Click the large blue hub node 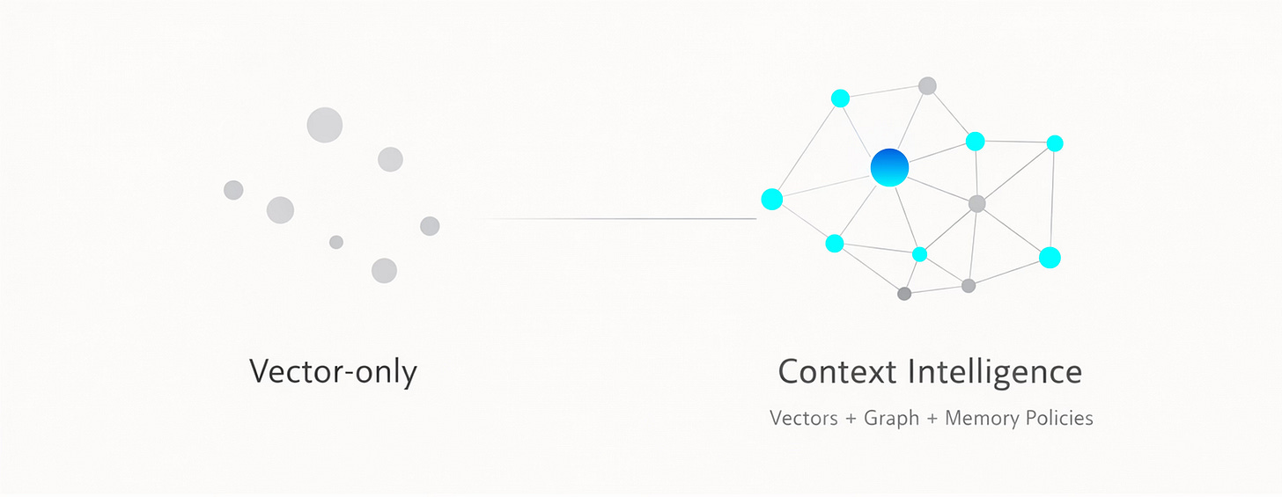(x=889, y=167)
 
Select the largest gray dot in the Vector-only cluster (x=324, y=125)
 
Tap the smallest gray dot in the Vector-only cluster (x=336, y=242)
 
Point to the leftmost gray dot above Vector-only (x=233, y=190)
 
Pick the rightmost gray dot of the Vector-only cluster (x=430, y=226)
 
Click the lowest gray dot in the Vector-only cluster (x=384, y=270)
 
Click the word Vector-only (x=333, y=371)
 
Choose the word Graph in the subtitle (x=891, y=418)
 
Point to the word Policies (x=1059, y=418)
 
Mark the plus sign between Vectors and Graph (x=851, y=419)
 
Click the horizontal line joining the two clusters (x=616, y=218)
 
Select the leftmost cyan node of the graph (x=771, y=200)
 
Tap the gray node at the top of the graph (x=927, y=85)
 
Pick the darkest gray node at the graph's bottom (x=904, y=294)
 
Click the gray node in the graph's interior (x=976, y=203)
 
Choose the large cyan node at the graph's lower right (x=1050, y=258)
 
